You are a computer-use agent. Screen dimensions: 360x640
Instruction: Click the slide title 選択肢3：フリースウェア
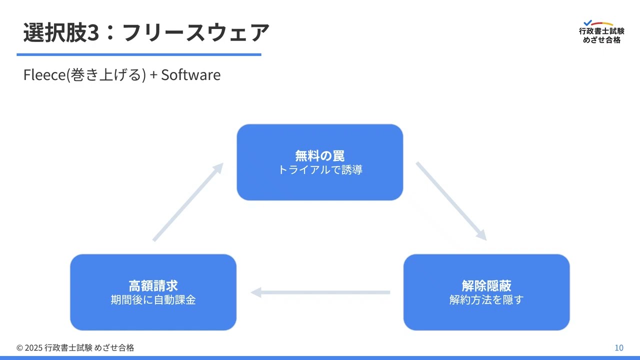click(146, 32)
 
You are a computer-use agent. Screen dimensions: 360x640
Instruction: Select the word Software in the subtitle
click(190, 75)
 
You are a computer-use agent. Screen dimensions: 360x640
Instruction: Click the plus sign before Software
click(153, 75)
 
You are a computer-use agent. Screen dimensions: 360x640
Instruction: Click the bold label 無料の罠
click(319, 155)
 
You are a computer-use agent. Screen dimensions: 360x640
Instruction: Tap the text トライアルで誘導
click(319, 170)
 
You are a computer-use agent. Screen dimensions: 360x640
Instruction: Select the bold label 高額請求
click(153, 285)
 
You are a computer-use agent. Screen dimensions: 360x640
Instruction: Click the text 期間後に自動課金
click(153, 300)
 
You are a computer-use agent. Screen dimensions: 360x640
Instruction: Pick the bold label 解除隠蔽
click(486, 285)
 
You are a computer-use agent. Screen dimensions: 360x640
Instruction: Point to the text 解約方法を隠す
click(486, 300)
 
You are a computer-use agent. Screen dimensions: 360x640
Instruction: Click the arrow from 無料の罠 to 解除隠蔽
click(451, 201)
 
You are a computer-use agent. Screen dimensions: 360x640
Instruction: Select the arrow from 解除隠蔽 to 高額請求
click(320, 292)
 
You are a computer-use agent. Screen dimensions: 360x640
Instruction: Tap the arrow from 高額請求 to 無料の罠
click(188, 202)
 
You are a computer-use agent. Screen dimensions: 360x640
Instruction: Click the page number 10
click(618, 348)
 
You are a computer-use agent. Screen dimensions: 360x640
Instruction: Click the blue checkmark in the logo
click(588, 22)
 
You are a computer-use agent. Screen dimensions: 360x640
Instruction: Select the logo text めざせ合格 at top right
click(601, 40)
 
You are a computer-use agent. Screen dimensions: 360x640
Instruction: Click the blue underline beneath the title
click(139, 54)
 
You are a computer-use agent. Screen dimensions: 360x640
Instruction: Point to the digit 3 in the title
click(92, 33)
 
